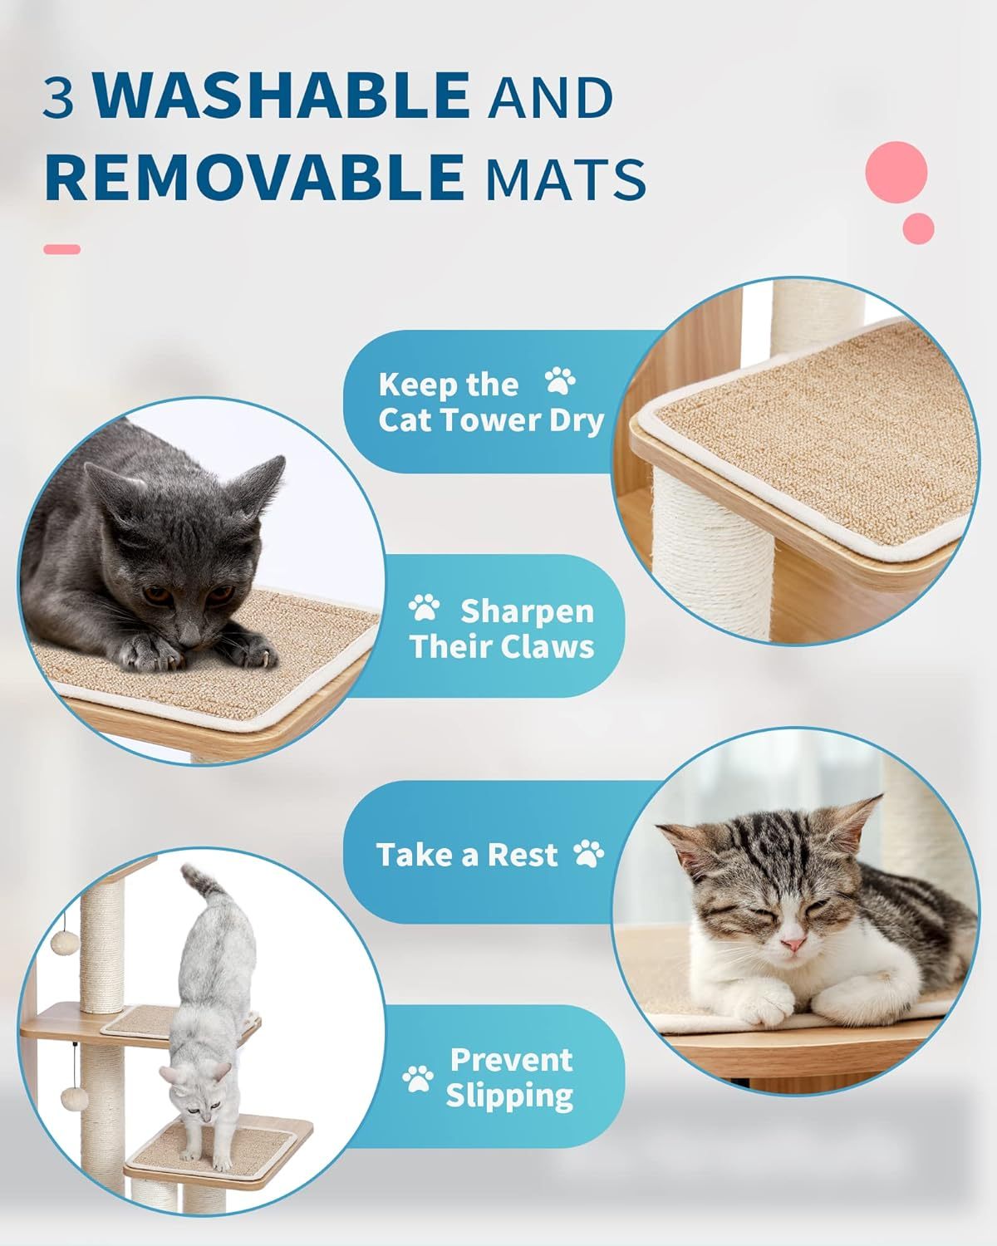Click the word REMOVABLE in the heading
tap(253, 177)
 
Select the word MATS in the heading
tap(566, 179)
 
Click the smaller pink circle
tap(918, 228)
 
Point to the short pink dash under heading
tap(61, 249)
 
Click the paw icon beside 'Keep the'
tap(559, 382)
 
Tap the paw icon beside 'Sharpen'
tap(425, 608)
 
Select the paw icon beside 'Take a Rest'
tap(588, 853)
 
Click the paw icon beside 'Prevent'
tap(418, 1078)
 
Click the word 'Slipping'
tap(509, 1095)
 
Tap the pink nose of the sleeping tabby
tap(793, 944)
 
